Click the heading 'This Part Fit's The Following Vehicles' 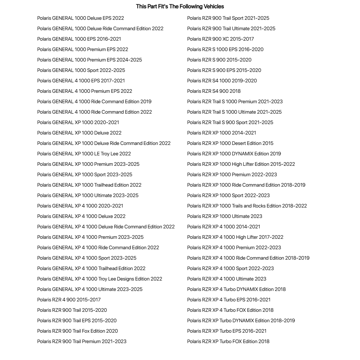(180, 6)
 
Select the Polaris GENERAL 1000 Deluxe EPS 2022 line (81, 18)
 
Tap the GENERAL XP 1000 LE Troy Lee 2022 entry (84, 154)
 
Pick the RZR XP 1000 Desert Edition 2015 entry (230, 143)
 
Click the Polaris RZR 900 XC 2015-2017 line (220, 39)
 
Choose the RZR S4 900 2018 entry (214, 91)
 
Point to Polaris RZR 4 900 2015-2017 (69, 300)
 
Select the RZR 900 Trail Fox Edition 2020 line (77, 331)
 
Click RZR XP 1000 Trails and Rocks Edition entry (247, 206)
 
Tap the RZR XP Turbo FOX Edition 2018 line (228, 341)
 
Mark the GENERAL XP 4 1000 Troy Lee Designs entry (100, 279)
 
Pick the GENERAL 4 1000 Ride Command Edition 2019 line (94, 101)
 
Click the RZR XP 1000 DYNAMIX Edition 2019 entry (234, 154)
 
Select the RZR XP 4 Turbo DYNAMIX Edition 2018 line (236, 289)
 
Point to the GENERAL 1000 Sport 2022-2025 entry (81, 70)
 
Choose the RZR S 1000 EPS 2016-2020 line (225, 49)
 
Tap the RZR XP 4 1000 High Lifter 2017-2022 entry (235, 237)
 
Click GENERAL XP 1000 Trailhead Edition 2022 (89, 185)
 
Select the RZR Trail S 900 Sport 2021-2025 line (230, 122)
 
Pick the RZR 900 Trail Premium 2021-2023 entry (82, 341)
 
